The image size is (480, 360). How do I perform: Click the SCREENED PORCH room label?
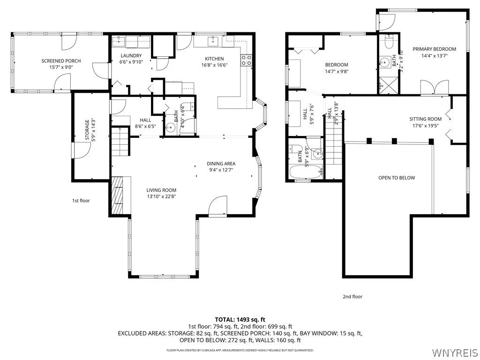pos(61,61)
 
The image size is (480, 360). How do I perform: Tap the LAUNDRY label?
pos(131,56)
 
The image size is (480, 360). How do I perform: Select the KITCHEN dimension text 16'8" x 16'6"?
pos(214,65)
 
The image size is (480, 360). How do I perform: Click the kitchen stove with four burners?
pos(246,60)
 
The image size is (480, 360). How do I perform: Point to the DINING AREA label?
pos(221,164)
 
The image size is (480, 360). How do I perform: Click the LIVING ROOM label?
pos(161,190)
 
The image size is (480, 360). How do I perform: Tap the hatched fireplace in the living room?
pos(116,195)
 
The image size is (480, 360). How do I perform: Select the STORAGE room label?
pos(87,130)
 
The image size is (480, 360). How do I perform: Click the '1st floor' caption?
pos(81,201)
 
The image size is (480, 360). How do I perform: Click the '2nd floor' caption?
pos(352,297)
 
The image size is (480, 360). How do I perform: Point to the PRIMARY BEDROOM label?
pos(434,49)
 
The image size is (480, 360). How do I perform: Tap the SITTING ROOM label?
pos(426,119)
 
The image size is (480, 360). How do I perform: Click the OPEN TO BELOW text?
pos(397,178)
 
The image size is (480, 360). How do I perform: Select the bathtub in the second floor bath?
pos(306,172)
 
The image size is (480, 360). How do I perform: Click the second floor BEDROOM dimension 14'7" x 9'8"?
pos(337,71)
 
